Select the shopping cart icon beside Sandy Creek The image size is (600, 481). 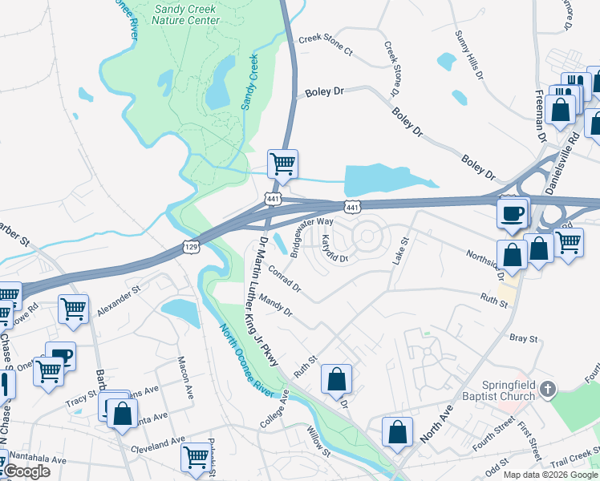click(x=282, y=164)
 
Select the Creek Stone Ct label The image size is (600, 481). click(x=325, y=44)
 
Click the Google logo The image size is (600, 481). click(x=26, y=471)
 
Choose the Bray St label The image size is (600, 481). click(x=523, y=338)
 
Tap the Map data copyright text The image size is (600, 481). click(x=549, y=475)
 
